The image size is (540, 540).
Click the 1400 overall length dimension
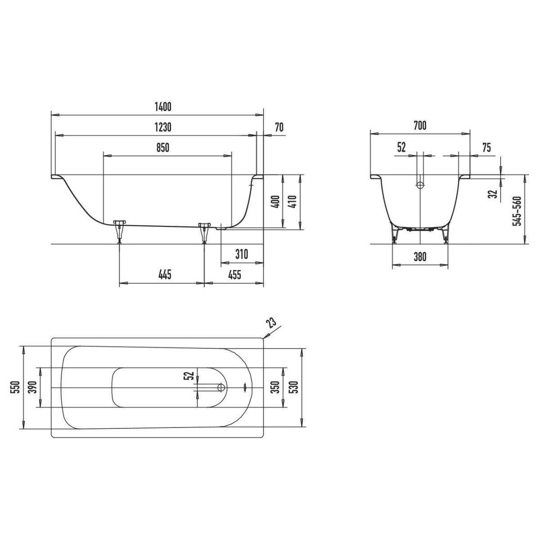point(163,107)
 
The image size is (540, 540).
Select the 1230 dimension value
point(163,127)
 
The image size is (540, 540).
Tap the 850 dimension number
point(163,148)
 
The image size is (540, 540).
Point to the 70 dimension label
point(279,127)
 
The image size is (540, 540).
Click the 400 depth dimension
point(276,201)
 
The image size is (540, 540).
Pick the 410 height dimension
point(292,201)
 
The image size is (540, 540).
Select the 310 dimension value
point(242,254)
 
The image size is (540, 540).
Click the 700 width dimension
point(420,126)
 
